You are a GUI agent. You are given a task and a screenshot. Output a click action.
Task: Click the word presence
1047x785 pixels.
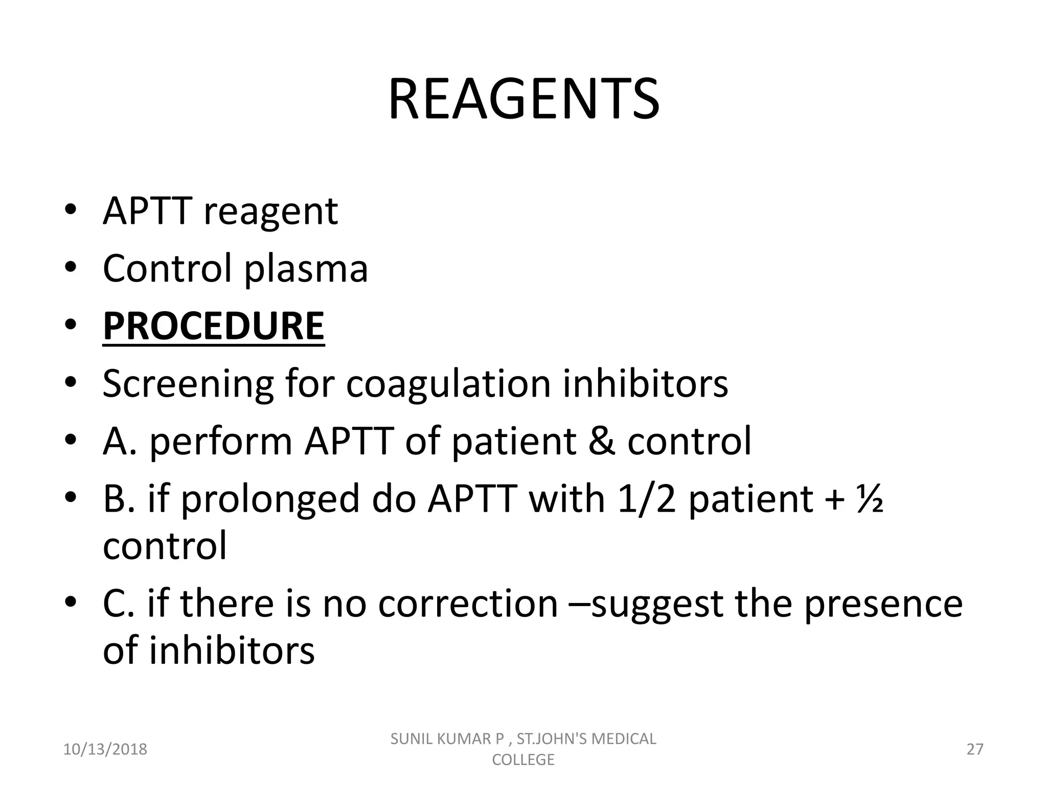coord(883,604)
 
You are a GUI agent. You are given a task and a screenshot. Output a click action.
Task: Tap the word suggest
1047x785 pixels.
coord(656,605)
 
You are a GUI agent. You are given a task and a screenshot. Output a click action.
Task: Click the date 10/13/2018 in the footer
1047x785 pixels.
coord(105,749)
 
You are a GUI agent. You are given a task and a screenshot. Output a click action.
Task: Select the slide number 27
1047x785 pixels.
coord(975,749)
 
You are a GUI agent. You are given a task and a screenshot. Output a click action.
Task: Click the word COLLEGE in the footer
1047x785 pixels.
coord(523,759)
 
